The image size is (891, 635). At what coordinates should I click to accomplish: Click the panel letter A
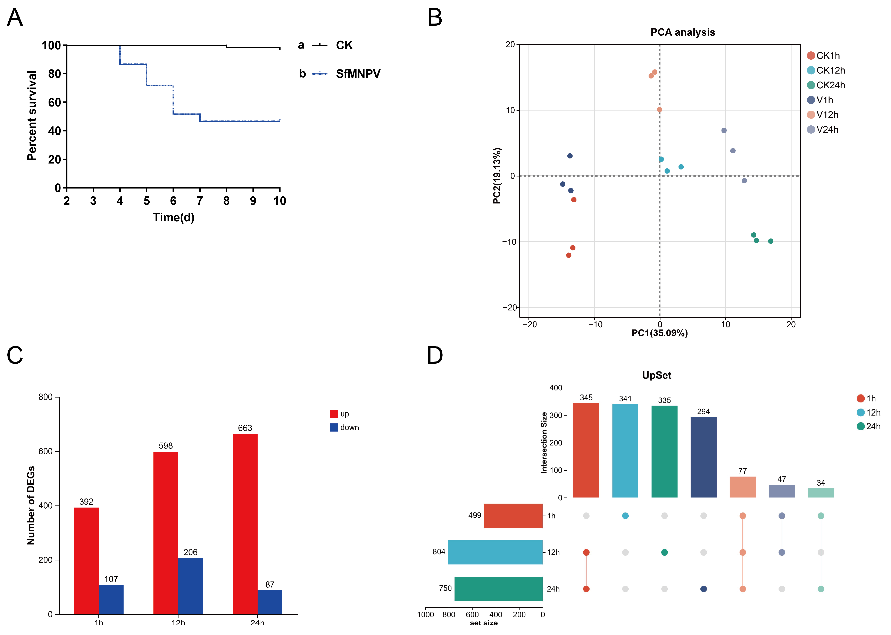(x=15, y=18)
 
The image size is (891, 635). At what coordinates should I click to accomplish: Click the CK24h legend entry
(x=830, y=85)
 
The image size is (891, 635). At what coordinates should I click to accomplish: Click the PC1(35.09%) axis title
(x=660, y=333)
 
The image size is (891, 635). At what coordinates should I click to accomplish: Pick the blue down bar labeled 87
(x=270, y=602)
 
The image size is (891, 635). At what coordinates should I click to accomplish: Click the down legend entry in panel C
(x=349, y=427)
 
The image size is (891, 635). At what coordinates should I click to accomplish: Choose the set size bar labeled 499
(x=513, y=516)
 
